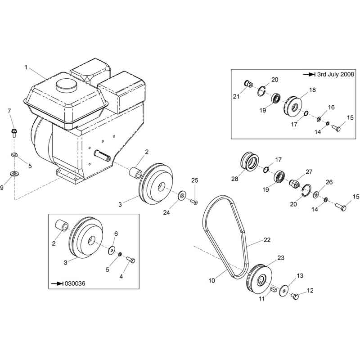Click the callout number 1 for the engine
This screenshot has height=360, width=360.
26,67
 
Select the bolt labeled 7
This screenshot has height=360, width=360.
13,133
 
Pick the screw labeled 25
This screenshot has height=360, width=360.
194,202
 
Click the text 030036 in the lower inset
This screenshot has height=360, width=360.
75,283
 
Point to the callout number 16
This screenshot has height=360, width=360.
331,108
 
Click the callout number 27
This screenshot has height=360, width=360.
309,171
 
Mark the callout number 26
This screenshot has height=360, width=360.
329,182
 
